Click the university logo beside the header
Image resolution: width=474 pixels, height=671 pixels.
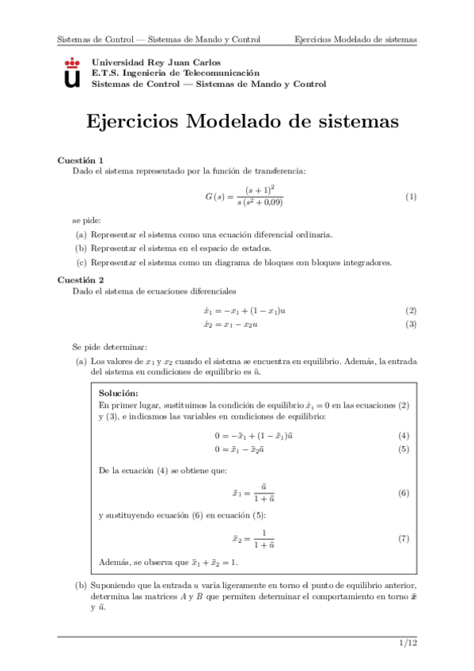(x=72, y=72)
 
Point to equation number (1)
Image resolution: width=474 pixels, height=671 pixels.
(x=411, y=196)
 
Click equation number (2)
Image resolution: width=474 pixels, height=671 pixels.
(x=411, y=311)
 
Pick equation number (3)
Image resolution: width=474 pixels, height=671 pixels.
(x=411, y=324)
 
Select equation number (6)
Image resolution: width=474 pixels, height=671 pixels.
(x=404, y=493)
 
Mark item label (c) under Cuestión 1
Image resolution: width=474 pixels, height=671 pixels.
(x=81, y=263)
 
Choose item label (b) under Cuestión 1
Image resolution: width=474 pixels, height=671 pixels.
(x=81, y=248)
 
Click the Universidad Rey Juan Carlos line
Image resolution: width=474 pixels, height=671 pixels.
(x=157, y=62)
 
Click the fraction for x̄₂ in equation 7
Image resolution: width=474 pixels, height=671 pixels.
(x=263, y=538)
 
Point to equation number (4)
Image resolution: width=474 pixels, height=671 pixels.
(x=404, y=435)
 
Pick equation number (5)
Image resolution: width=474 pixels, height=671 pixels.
(x=404, y=449)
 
